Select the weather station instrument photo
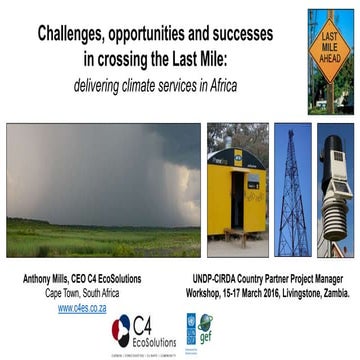coord(335,186)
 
